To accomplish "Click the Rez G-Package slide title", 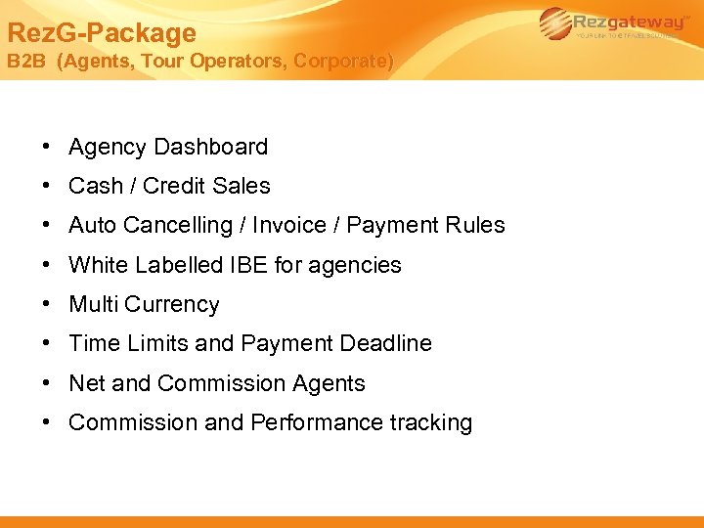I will [x=102, y=33].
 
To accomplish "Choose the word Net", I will [x=87, y=383].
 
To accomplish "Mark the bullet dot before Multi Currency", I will [x=47, y=304].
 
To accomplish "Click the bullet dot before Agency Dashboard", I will [x=47, y=147].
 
